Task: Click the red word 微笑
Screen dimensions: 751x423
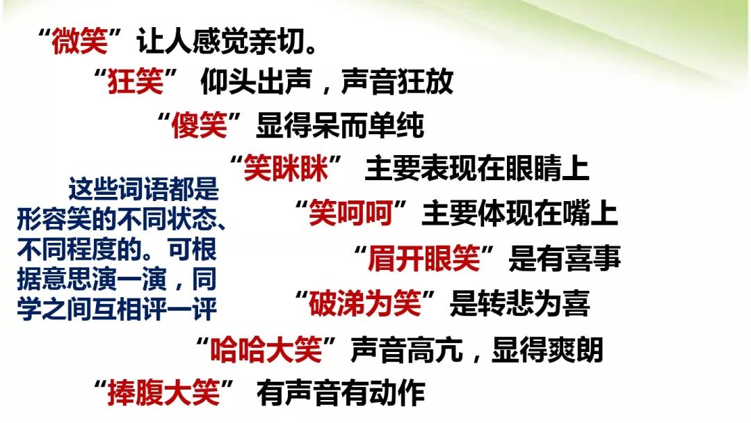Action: [80, 41]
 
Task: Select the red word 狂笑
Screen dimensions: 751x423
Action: [136, 82]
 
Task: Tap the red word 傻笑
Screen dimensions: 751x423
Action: [200, 125]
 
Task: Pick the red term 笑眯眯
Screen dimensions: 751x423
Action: [286, 168]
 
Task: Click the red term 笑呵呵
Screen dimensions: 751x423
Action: [351, 213]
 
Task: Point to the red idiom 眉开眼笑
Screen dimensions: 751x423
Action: [424, 259]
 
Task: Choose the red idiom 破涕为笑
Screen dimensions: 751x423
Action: [364, 304]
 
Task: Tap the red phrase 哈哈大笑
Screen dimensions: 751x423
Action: [266, 349]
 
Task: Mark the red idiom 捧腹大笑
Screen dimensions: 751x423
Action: [164, 393]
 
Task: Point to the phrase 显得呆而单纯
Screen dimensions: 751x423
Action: [340, 125]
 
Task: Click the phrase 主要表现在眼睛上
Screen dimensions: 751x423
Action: [477, 168]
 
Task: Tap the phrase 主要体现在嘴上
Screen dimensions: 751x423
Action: [519, 213]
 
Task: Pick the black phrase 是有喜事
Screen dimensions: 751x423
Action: [565, 259]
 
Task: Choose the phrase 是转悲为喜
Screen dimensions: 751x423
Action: [519, 304]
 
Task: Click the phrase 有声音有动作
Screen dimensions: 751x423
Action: [341, 393]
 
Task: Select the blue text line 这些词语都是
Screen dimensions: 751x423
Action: [144, 189]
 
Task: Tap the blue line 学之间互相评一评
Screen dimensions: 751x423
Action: [117, 309]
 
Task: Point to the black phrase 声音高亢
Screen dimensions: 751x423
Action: [407, 349]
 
